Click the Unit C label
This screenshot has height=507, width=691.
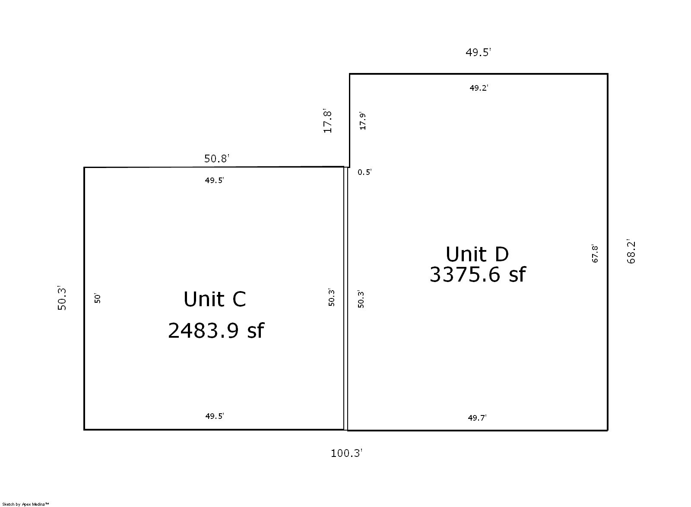[x=215, y=299]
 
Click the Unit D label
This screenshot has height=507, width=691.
[x=477, y=254]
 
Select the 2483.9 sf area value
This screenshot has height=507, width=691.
[x=216, y=331]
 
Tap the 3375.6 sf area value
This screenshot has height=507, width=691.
[x=478, y=275]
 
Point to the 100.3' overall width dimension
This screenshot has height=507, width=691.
[x=346, y=453]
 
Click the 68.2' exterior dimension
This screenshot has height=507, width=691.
[x=631, y=251]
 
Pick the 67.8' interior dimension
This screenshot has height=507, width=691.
[x=595, y=253]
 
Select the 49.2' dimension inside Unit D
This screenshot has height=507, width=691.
[x=479, y=88]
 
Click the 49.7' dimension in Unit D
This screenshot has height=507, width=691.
[x=477, y=418]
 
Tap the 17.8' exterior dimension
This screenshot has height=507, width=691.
[x=327, y=120]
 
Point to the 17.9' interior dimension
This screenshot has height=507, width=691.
[x=362, y=120]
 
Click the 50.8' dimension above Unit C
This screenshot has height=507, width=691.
[x=217, y=158]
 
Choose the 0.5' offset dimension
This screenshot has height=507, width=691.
[x=365, y=172]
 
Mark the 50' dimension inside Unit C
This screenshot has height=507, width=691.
[x=97, y=298]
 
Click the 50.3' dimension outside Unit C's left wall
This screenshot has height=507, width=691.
[x=62, y=298]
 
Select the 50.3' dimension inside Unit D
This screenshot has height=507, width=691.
[x=361, y=299]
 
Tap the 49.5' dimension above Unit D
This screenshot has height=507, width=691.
[x=478, y=52]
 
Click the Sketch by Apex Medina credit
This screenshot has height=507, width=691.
[x=25, y=504]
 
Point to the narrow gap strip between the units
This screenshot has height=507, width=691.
[x=346, y=298]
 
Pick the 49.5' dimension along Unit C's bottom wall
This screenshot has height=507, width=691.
[x=215, y=416]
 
